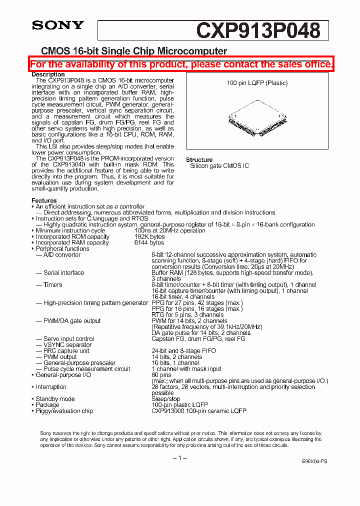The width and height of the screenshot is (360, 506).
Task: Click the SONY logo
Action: [x=58, y=25]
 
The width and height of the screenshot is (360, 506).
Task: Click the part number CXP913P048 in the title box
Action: [x=258, y=30]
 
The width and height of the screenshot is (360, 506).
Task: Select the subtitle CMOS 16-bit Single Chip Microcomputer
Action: [x=133, y=51]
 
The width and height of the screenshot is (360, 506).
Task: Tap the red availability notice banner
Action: [x=181, y=64]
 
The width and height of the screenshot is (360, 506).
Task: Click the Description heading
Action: [x=48, y=74]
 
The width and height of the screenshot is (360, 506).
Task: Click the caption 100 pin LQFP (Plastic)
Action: [x=257, y=83]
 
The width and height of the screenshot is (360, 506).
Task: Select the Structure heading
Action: [x=199, y=160]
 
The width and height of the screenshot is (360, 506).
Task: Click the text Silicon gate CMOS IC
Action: [x=219, y=166]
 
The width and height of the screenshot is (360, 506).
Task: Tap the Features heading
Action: [x=44, y=200]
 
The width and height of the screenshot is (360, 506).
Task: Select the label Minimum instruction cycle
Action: [x=70, y=230]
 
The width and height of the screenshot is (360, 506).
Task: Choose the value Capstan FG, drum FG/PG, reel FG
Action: [x=198, y=338]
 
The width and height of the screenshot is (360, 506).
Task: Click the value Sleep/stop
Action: [x=165, y=398]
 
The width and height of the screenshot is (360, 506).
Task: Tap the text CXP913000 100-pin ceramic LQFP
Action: [x=198, y=410]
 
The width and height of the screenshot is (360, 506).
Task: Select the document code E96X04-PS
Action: [x=315, y=462]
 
